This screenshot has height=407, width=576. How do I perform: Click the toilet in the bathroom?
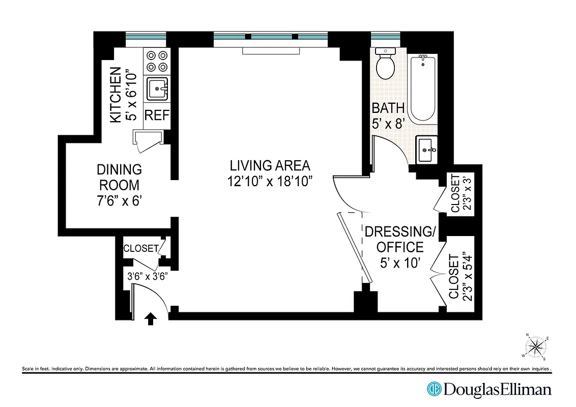[x=385, y=65]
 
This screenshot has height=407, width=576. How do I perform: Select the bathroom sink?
[x=426, y=150]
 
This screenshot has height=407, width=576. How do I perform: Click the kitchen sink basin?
[x=157, y=89]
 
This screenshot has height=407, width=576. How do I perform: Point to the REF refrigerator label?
[x=156, y=114]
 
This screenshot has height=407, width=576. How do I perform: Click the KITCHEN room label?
[x=116, y=95]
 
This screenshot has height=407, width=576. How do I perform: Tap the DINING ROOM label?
[x=120, y=177]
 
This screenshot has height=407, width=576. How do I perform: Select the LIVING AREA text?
[x=269, y=165]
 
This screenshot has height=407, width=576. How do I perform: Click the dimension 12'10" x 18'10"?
[x=269, y=181]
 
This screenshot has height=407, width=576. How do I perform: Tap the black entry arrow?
[x=150, y=319]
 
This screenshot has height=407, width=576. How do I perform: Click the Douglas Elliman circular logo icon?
[x=434, y=390]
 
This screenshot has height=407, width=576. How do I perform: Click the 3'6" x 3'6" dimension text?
[x=147, y=277]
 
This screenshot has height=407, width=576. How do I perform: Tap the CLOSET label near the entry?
[x=141, y=248]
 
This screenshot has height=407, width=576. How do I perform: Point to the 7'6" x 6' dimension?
[x=120, y=200]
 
